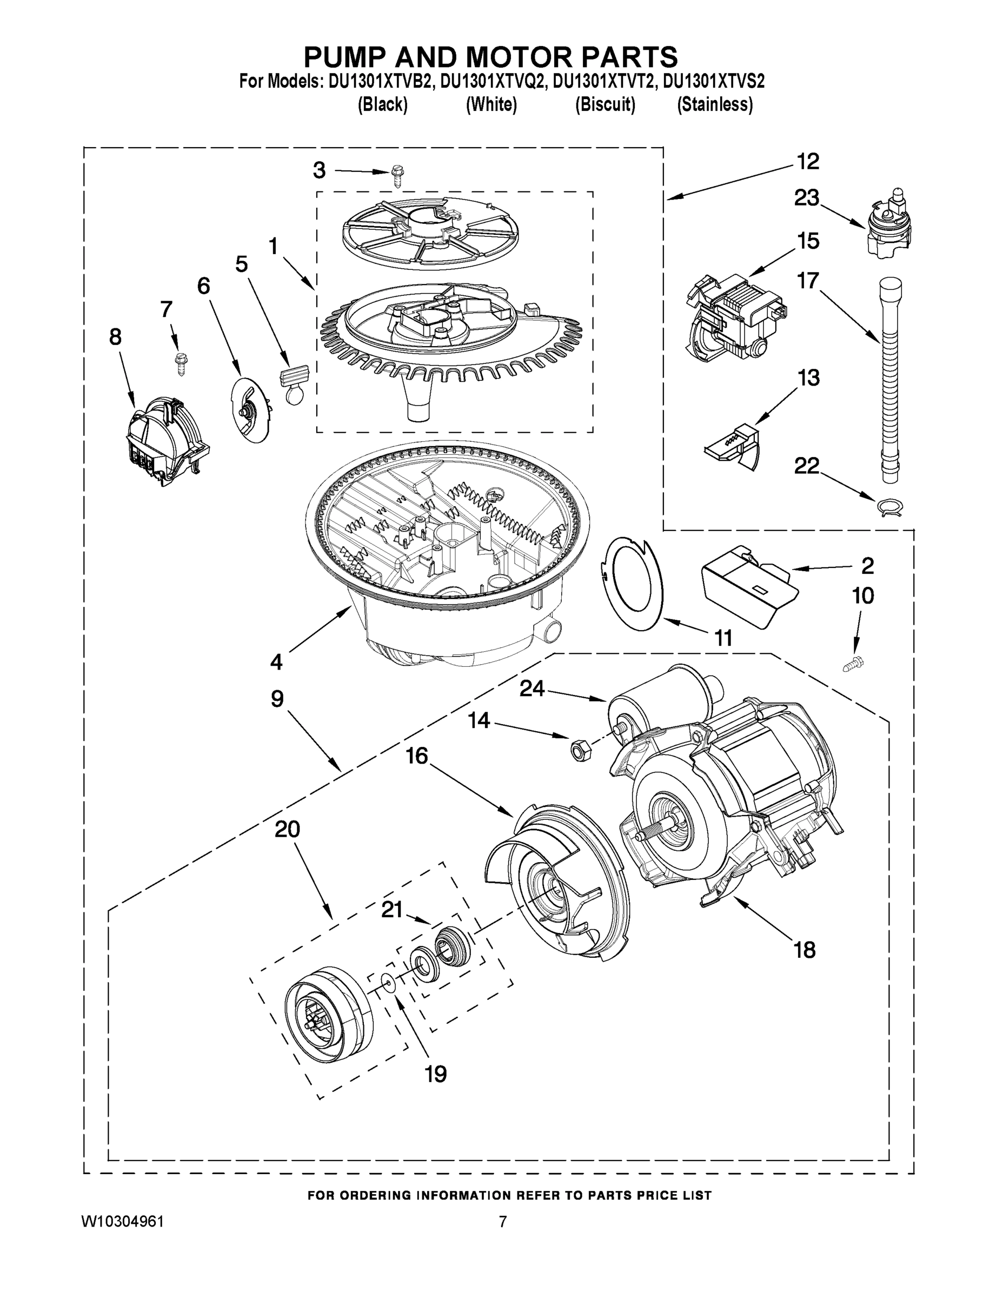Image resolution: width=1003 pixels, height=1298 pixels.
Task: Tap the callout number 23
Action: coord(807,198)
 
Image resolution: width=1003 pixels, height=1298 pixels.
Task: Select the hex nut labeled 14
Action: coord(577,750)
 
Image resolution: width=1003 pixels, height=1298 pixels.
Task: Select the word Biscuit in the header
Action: coord(605,104)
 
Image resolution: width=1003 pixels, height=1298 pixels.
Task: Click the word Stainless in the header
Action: coord(715,104)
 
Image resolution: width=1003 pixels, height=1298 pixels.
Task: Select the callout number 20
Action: coord(287,829)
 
